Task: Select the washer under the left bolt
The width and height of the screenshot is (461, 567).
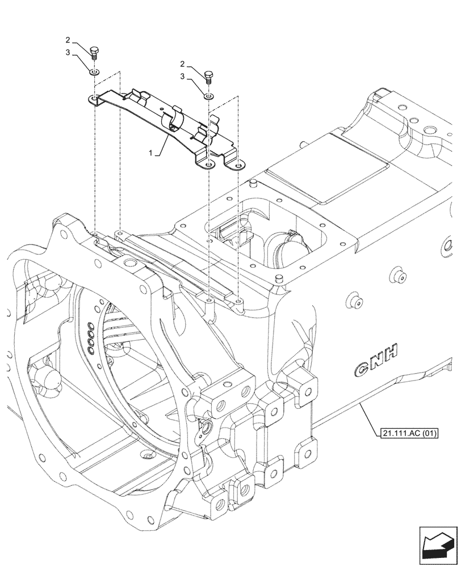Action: coord(95,72)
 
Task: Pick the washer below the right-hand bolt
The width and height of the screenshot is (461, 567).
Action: coord(208,97)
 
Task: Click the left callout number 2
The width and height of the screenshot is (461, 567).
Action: coord(68,40)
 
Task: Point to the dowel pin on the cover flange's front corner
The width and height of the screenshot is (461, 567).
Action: coord(278,278)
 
